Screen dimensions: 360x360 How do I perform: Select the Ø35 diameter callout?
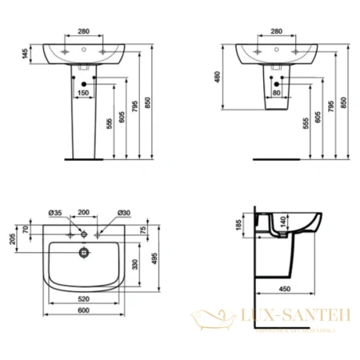pos(55,213)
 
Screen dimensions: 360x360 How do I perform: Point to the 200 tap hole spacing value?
pos(84,213)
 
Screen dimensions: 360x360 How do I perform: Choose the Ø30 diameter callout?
pos(123,213)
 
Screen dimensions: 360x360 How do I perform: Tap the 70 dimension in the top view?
pos(27,230)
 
